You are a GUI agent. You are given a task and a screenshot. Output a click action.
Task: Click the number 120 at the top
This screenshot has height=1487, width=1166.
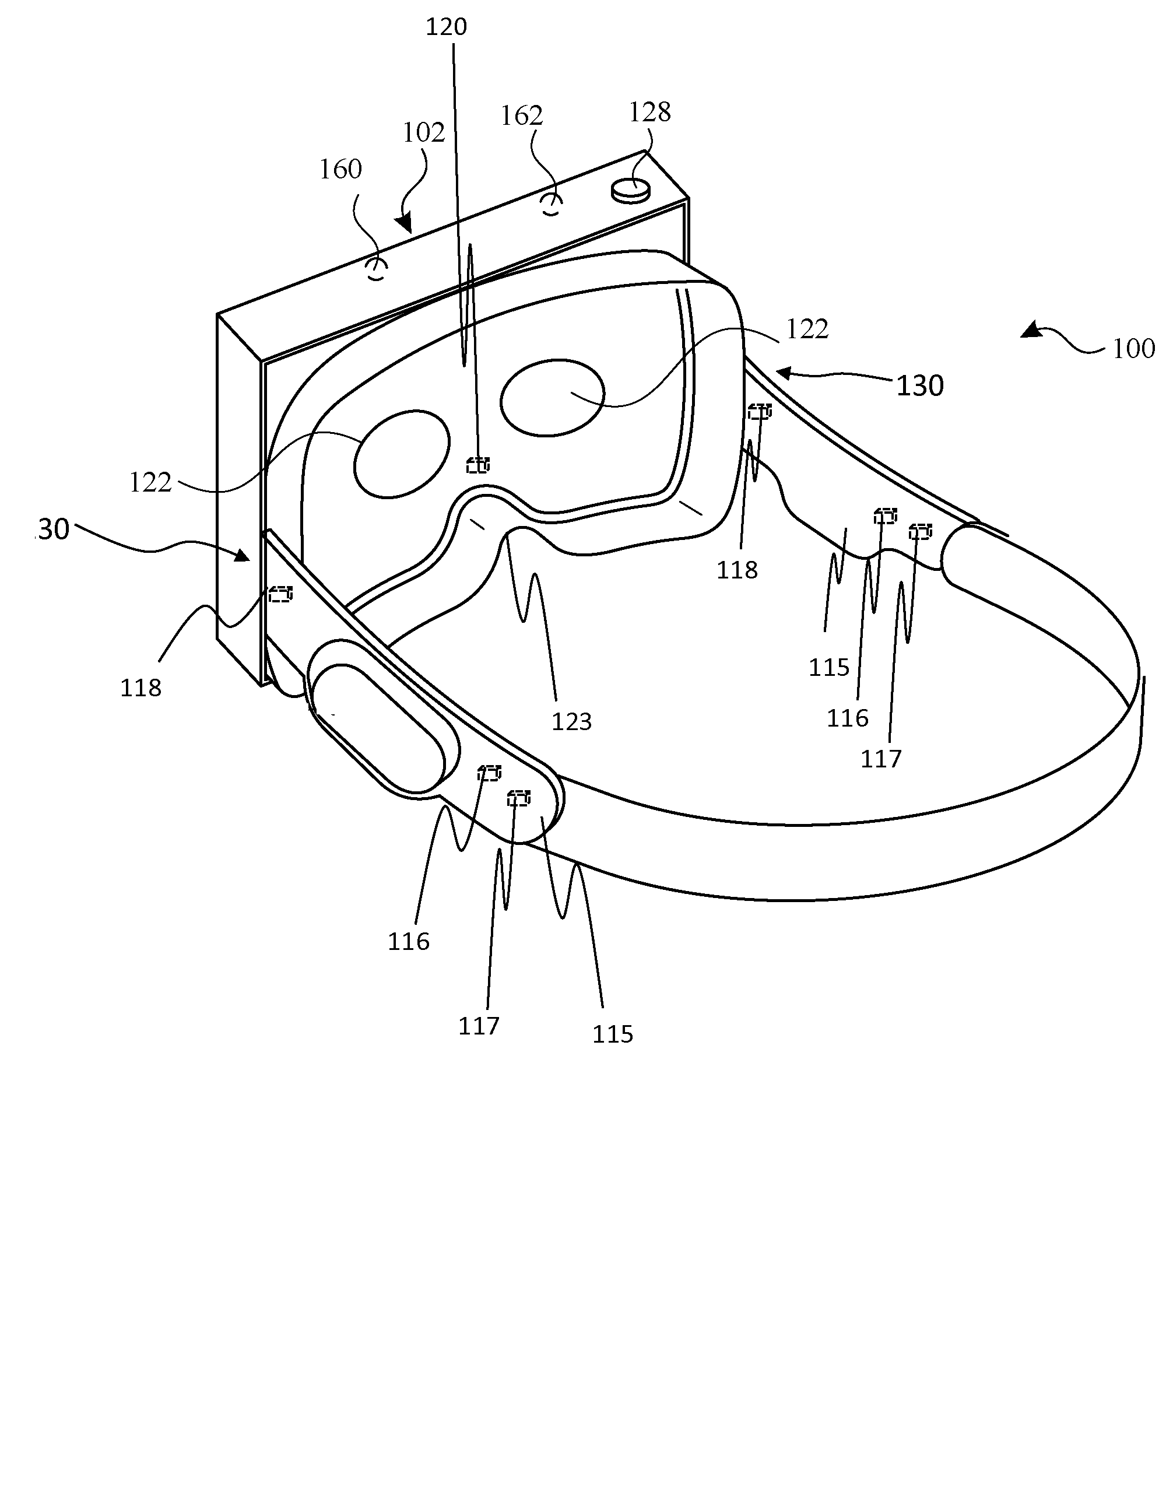click(446, 27)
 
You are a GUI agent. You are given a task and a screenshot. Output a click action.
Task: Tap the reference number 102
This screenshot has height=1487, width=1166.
click(423, 132)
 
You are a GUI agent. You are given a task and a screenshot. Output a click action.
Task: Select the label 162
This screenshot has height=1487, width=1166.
click(522, 115)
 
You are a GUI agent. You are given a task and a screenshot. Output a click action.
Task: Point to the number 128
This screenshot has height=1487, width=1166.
click(650, 111)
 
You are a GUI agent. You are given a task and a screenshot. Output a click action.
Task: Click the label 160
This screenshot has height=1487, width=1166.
click(340, 169)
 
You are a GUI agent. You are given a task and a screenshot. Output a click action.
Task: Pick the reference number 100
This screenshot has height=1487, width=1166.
click(1133, 349)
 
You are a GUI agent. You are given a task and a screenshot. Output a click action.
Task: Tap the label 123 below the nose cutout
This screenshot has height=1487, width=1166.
click(571, 722)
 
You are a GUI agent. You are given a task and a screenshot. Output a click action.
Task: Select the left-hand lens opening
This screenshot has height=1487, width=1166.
click(402, 454)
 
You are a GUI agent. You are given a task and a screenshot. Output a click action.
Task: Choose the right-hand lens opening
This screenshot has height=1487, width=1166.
click(552, 397)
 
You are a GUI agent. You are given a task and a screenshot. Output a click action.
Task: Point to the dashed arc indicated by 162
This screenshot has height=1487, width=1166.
click(552, 204)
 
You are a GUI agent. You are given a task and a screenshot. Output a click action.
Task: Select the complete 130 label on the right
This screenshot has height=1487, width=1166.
click(919, 386)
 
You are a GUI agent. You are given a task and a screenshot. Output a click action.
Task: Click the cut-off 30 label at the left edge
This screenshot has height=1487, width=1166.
click(53, 529)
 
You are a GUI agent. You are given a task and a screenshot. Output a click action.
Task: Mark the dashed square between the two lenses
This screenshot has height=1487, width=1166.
click(478, 465)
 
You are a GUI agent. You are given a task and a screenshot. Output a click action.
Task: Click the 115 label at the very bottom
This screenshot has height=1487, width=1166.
click(612, 1034)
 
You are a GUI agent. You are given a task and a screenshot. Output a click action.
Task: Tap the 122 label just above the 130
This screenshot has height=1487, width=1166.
click(807, 329)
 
